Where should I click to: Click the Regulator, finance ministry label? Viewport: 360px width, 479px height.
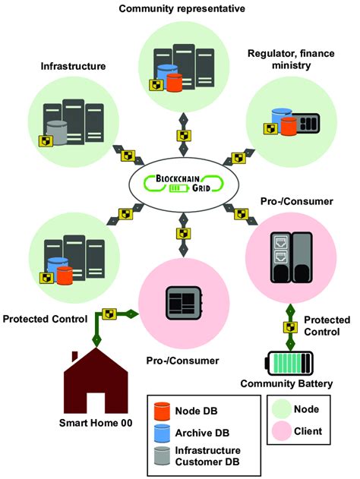289,59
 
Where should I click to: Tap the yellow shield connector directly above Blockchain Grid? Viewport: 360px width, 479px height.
183,135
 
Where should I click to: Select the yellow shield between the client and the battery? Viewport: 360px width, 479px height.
289,326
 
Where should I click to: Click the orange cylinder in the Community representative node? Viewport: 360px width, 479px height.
174,82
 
